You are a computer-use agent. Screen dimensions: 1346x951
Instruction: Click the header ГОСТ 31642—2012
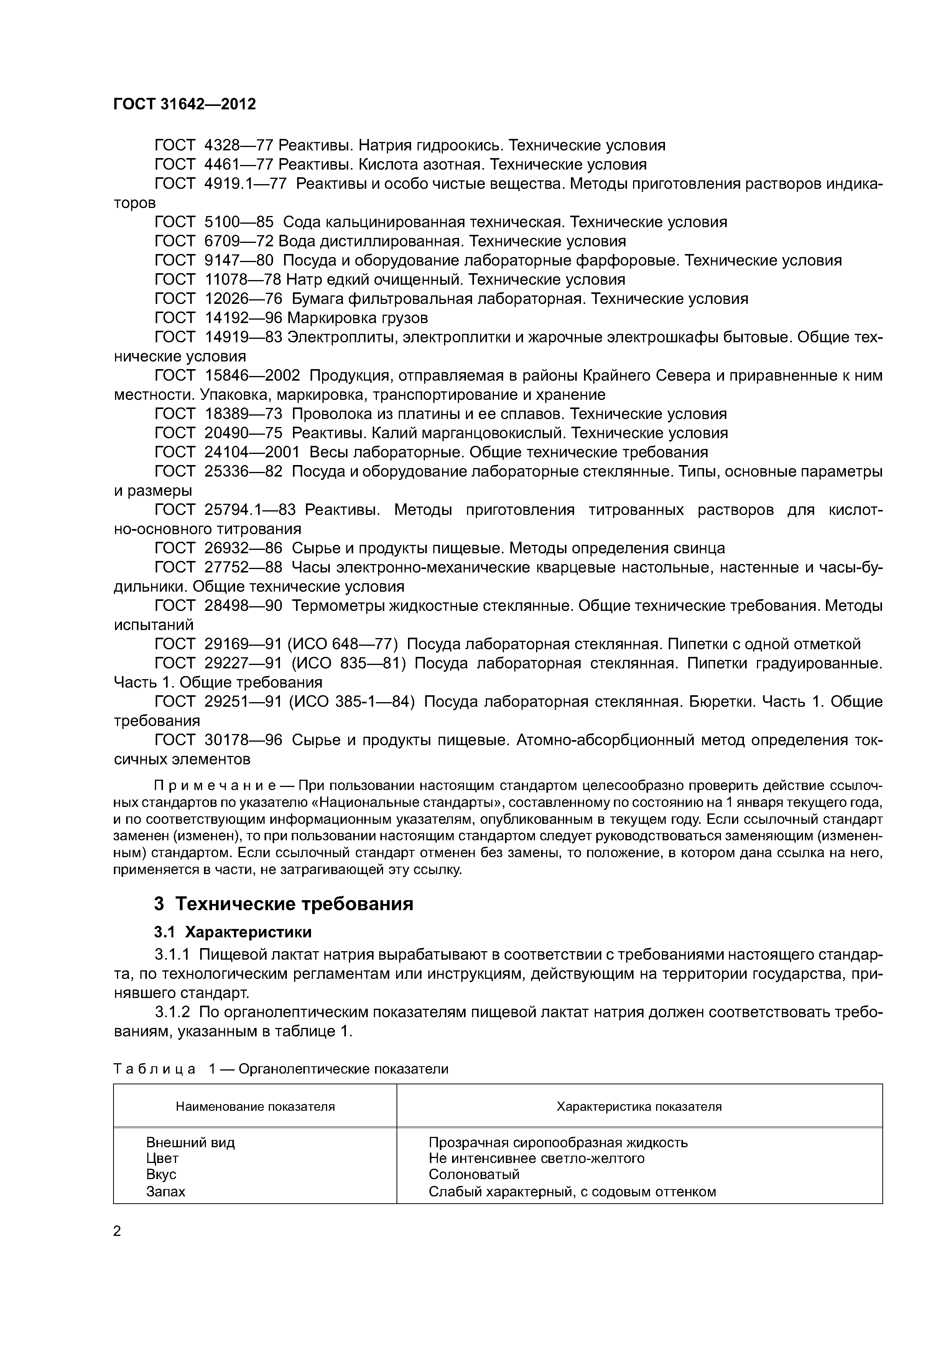[x=184, y=104]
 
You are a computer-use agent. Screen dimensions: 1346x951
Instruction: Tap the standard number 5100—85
[x=239, y=222]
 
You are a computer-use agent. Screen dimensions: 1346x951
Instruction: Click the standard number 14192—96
[x=243, y=318]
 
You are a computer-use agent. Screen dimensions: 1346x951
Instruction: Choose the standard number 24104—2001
[x=252, y=452]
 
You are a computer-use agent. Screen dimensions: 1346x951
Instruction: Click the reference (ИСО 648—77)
[x=342, y=644]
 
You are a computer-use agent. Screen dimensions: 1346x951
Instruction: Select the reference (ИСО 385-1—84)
[x=352, y=702]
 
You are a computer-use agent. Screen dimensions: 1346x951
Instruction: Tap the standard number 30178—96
[x=243, y=741]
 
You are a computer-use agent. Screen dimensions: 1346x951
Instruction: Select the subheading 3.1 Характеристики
[x=233, y=932]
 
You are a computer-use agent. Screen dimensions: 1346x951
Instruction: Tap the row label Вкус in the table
[x=161, y=1174]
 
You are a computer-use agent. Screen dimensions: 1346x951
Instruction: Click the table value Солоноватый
[x=474, y=1174]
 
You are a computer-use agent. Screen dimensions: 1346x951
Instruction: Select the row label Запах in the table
[x=165, y=1191]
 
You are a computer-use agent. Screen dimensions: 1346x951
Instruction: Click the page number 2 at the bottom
[x=117, y=1231]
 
